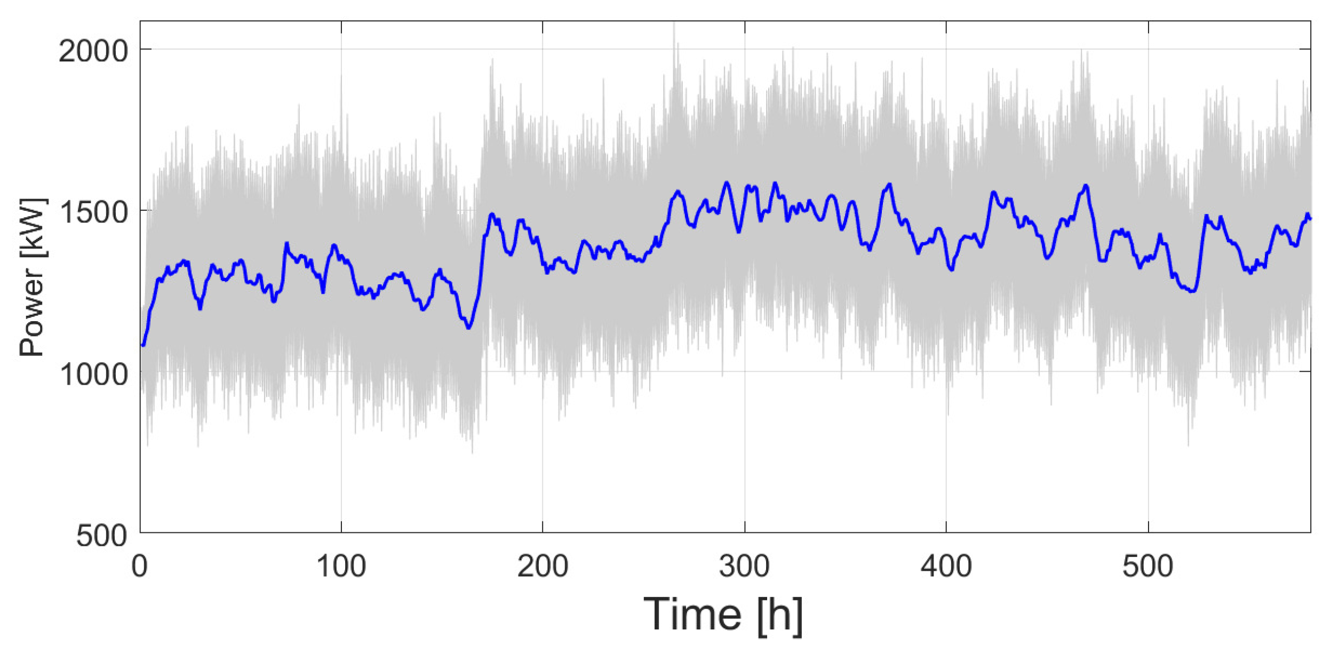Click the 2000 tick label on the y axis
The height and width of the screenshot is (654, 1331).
tap(94, 52)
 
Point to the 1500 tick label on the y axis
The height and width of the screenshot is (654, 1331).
tap(94, 213)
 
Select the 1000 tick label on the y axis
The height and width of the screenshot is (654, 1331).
tap(94, 374)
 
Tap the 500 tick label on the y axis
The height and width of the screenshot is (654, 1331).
tap(102, 536)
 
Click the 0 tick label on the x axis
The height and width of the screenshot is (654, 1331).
tap(140, 567)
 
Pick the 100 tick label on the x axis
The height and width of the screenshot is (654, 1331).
tap(341, 567)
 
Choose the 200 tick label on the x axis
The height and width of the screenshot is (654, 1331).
tap(543, 567)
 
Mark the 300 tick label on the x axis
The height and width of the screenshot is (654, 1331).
tap(744, 567)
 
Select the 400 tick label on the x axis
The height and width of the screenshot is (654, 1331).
tap(946, 567)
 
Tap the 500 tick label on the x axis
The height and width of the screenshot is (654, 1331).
tap(1147, 567)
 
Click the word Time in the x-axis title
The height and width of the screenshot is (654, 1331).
tap(692, 615)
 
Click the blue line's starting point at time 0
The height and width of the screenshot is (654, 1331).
tap(142, 345)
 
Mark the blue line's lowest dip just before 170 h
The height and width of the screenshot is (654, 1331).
tap(469, 328)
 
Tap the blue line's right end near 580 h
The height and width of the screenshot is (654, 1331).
tap(1310, 218)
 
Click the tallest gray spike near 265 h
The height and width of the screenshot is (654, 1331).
tap(674, 24)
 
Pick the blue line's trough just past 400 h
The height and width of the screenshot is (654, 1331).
tap(951, 270)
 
